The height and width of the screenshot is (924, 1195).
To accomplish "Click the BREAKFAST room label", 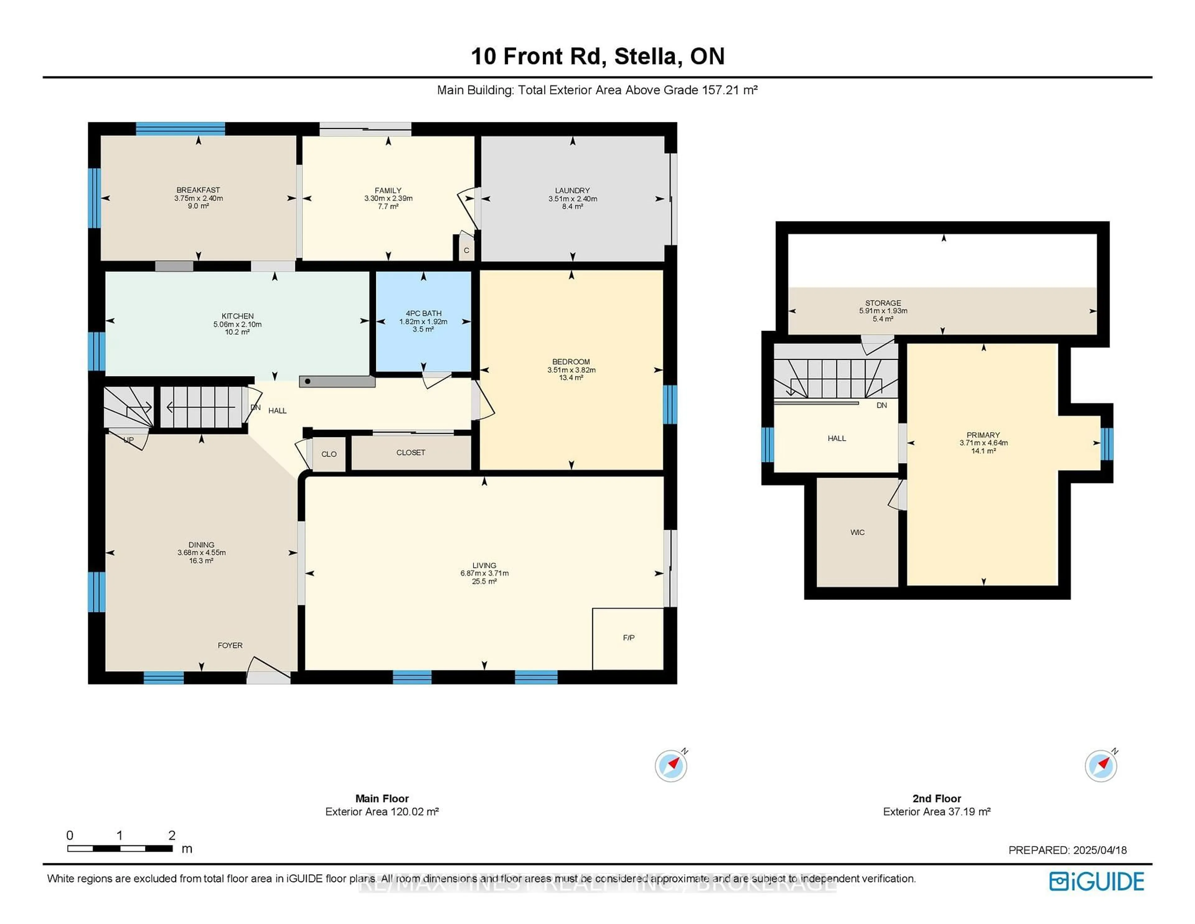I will coord(198,190).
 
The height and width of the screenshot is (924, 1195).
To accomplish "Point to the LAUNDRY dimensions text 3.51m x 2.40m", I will coord(572,199).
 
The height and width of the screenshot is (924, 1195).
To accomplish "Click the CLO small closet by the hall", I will coord(329,454).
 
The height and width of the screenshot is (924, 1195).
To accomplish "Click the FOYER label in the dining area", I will coord(230,645).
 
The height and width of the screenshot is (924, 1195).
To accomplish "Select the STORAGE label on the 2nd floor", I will coord(883,303).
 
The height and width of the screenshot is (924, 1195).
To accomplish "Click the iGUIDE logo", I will coord(1097,881).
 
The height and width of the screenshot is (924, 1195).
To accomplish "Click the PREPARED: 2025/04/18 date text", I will coord(1067,850).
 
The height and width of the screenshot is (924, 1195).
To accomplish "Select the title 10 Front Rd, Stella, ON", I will coord(597,56).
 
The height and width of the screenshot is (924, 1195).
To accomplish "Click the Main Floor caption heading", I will coord(382,799).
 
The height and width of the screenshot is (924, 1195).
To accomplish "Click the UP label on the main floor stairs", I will coord(129,440).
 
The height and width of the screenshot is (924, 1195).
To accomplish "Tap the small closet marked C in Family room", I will coord(466,250).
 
